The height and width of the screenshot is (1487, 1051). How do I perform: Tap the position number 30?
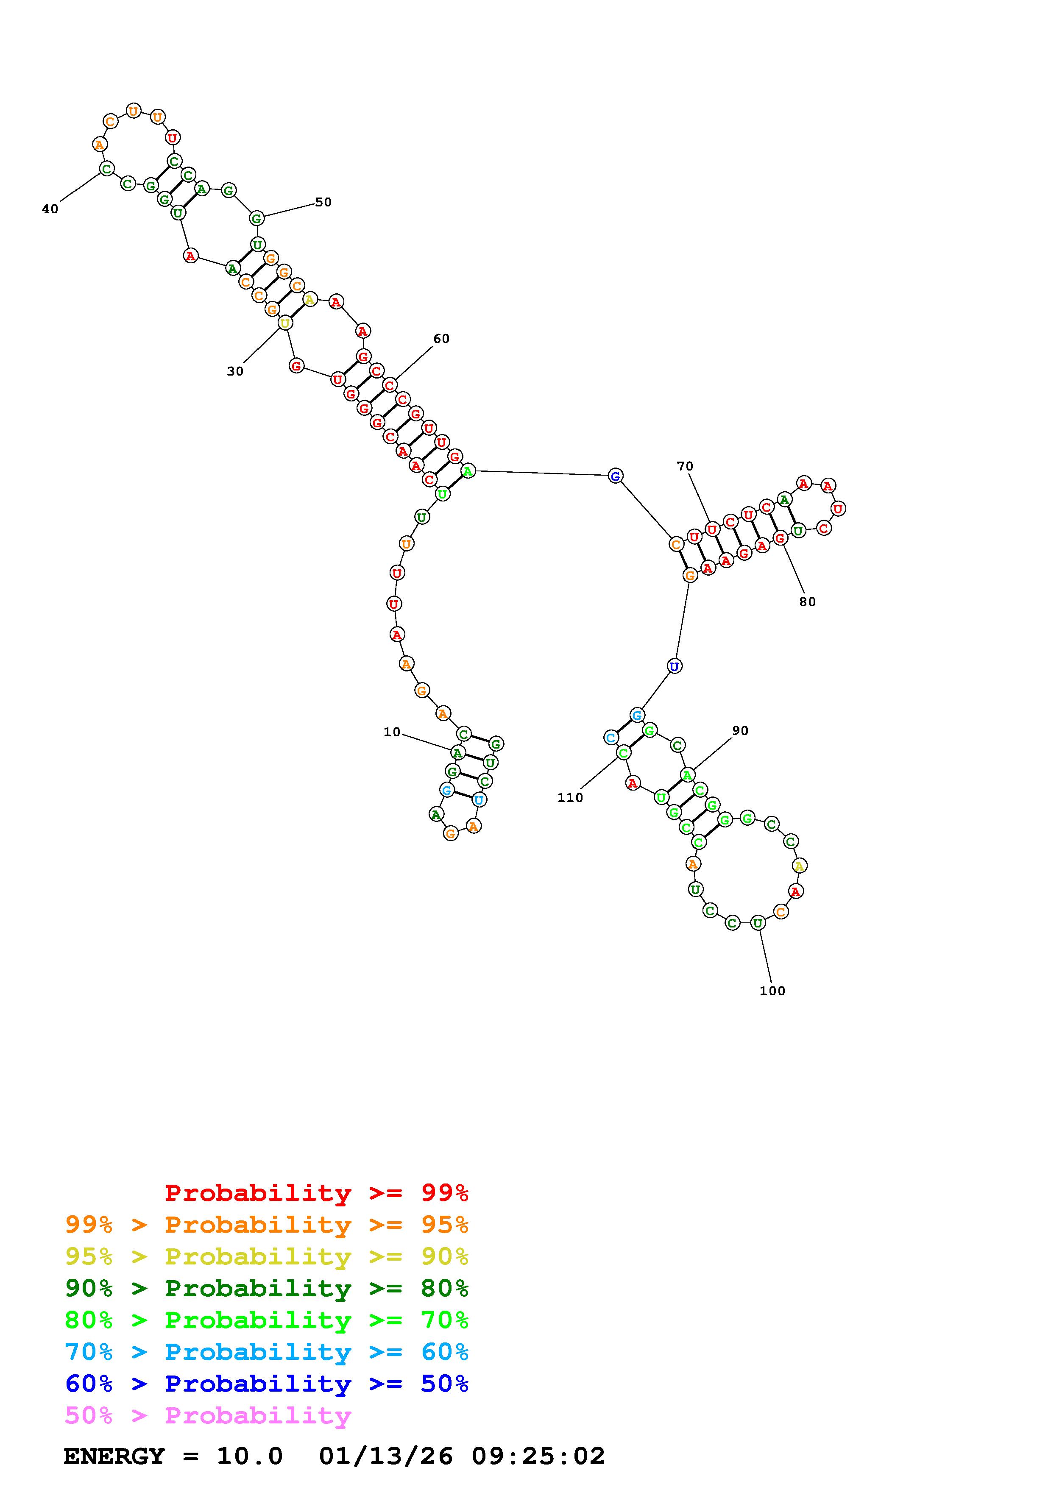[235, 371]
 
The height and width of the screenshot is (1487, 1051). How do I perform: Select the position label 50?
[323, 202]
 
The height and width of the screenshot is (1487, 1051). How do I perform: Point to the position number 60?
[441, 339]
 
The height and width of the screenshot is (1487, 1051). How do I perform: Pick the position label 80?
[808, 601]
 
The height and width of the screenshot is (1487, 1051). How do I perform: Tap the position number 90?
[740, 730]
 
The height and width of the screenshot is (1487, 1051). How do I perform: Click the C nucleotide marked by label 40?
[106, 168]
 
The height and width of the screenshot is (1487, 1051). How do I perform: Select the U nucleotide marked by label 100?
[758, 923]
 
